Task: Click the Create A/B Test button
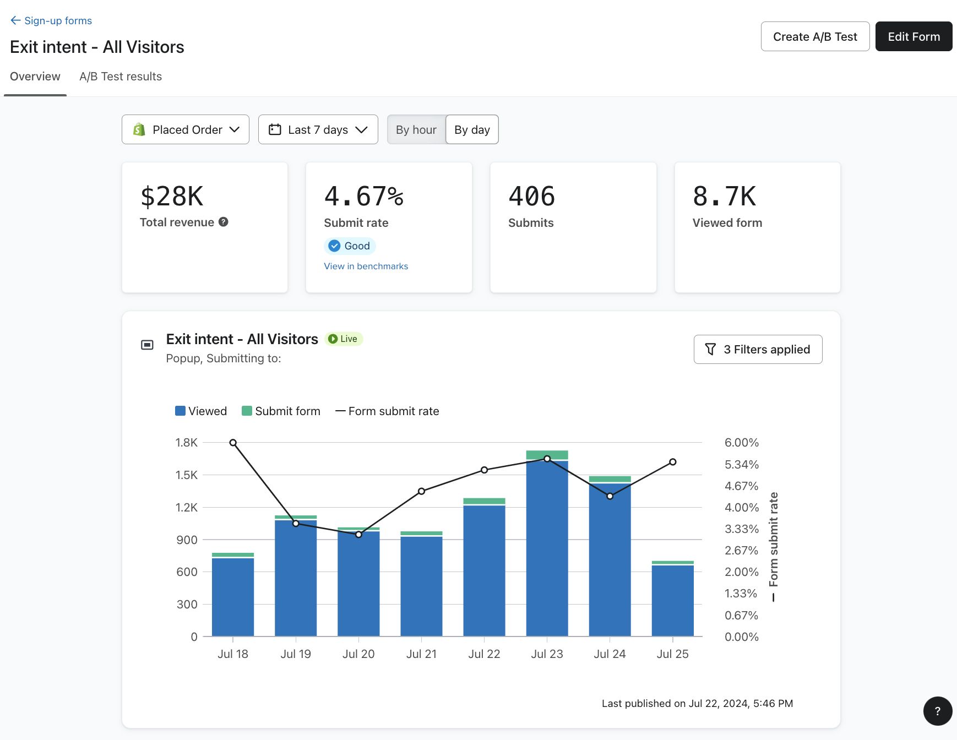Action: tap(815, 37)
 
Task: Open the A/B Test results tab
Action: tap(121, 77)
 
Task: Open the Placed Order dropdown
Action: tap(186, 129)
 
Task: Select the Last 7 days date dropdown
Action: tap(318, 129)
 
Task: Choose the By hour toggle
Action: tap(416, 129)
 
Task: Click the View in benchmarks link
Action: tap(366, 266)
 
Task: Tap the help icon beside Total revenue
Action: tap(223, 222)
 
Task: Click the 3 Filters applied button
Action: tap(758, 349)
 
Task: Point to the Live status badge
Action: tap(344, 339)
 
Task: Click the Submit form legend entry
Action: tap(281, 411)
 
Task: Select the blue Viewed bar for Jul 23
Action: tap(547, 551)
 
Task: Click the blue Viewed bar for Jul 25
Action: tap(672, 600)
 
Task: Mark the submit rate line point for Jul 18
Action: tap(233, 443)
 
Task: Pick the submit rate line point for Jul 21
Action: tap(421, 491)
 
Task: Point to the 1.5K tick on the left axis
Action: tap(186, 475)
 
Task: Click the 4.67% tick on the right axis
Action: tap(741, 486)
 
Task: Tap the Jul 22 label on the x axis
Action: tap(484, 654)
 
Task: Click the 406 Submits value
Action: tap(531, 197)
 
